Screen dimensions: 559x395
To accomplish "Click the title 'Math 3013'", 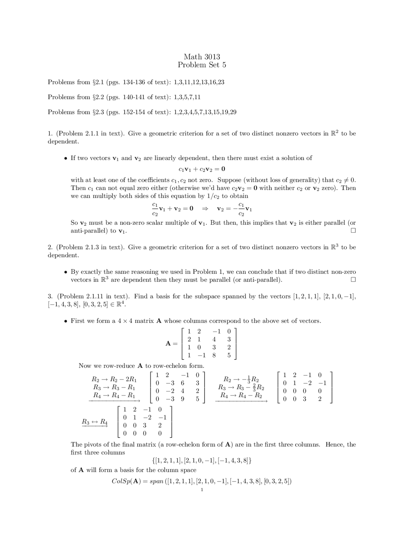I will point(202,57).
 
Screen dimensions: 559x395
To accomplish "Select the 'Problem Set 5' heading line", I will point(202,65).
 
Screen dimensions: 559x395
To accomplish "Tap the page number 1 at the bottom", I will point(202,490).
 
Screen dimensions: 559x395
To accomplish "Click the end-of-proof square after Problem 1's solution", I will point(353,231).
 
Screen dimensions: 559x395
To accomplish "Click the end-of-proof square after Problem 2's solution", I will point(353,280).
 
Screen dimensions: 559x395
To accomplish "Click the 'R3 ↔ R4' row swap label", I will point(95,422).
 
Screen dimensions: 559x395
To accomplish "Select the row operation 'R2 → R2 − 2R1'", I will point(114,379).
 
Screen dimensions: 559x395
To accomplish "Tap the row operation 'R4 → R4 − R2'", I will point(241,395).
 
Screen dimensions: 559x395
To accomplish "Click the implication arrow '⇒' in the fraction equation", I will point(205,209).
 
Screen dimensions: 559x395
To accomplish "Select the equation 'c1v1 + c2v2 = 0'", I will point(202,169).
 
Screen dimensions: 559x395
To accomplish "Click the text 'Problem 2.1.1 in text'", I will point(91,134).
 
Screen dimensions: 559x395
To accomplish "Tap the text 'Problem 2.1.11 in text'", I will point(92,296).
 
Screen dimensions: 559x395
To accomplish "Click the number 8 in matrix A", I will point(214,355).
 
